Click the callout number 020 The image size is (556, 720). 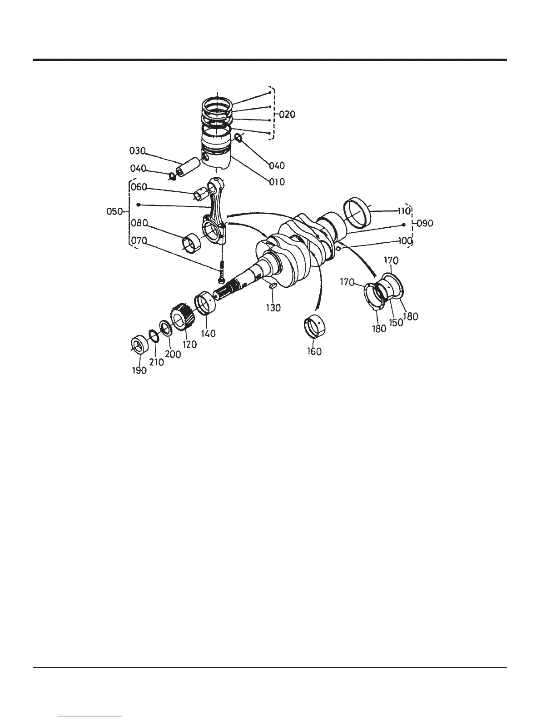coord(287,115)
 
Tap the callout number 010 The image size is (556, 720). coord(277,182)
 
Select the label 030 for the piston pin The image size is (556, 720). coord(137,151)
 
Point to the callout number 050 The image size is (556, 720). coord(114,212)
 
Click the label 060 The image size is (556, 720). coord(139,187)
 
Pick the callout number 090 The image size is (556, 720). coord(425,223)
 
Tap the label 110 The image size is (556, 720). coord(404,211)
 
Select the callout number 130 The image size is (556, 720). coord(273,308)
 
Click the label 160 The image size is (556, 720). coord(314,351)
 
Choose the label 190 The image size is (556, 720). coord(139,370)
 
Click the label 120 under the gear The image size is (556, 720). coord(189,344)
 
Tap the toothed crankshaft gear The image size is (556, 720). coord(182,318)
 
